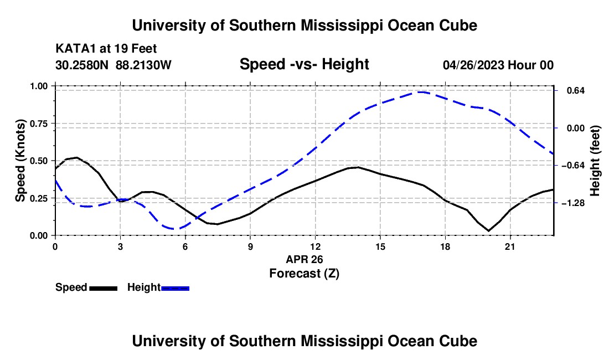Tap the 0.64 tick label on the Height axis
pyautogui.click(x=576, y=90)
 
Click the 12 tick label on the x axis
pyautogui.click(x=315, y=246)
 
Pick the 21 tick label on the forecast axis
pyautogui.click(x=509, y=246)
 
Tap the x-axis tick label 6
pyautogui.click(x=185, y=246)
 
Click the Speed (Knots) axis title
pyautogui.click(x=20, y=161)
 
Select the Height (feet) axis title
pyautogui.click(x=595, y=161)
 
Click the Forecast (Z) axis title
pyautogui.click(x=304, y=274)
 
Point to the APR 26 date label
pyautogui.click(x=304, y=259)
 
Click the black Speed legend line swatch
pyautogui.click(x=104, y=289)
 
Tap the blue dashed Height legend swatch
pyautogui.click(x=175, y=289)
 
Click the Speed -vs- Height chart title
pyautogui.click(x=304, y=64)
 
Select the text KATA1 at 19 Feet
pyautogui.click(x=106, y=49)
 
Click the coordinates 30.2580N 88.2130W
pyautogui.click(x=113, y=65)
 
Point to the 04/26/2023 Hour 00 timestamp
pyautogui.click(x=498, y=65)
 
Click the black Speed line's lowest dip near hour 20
pyautogui.click(x=489, y=231)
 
